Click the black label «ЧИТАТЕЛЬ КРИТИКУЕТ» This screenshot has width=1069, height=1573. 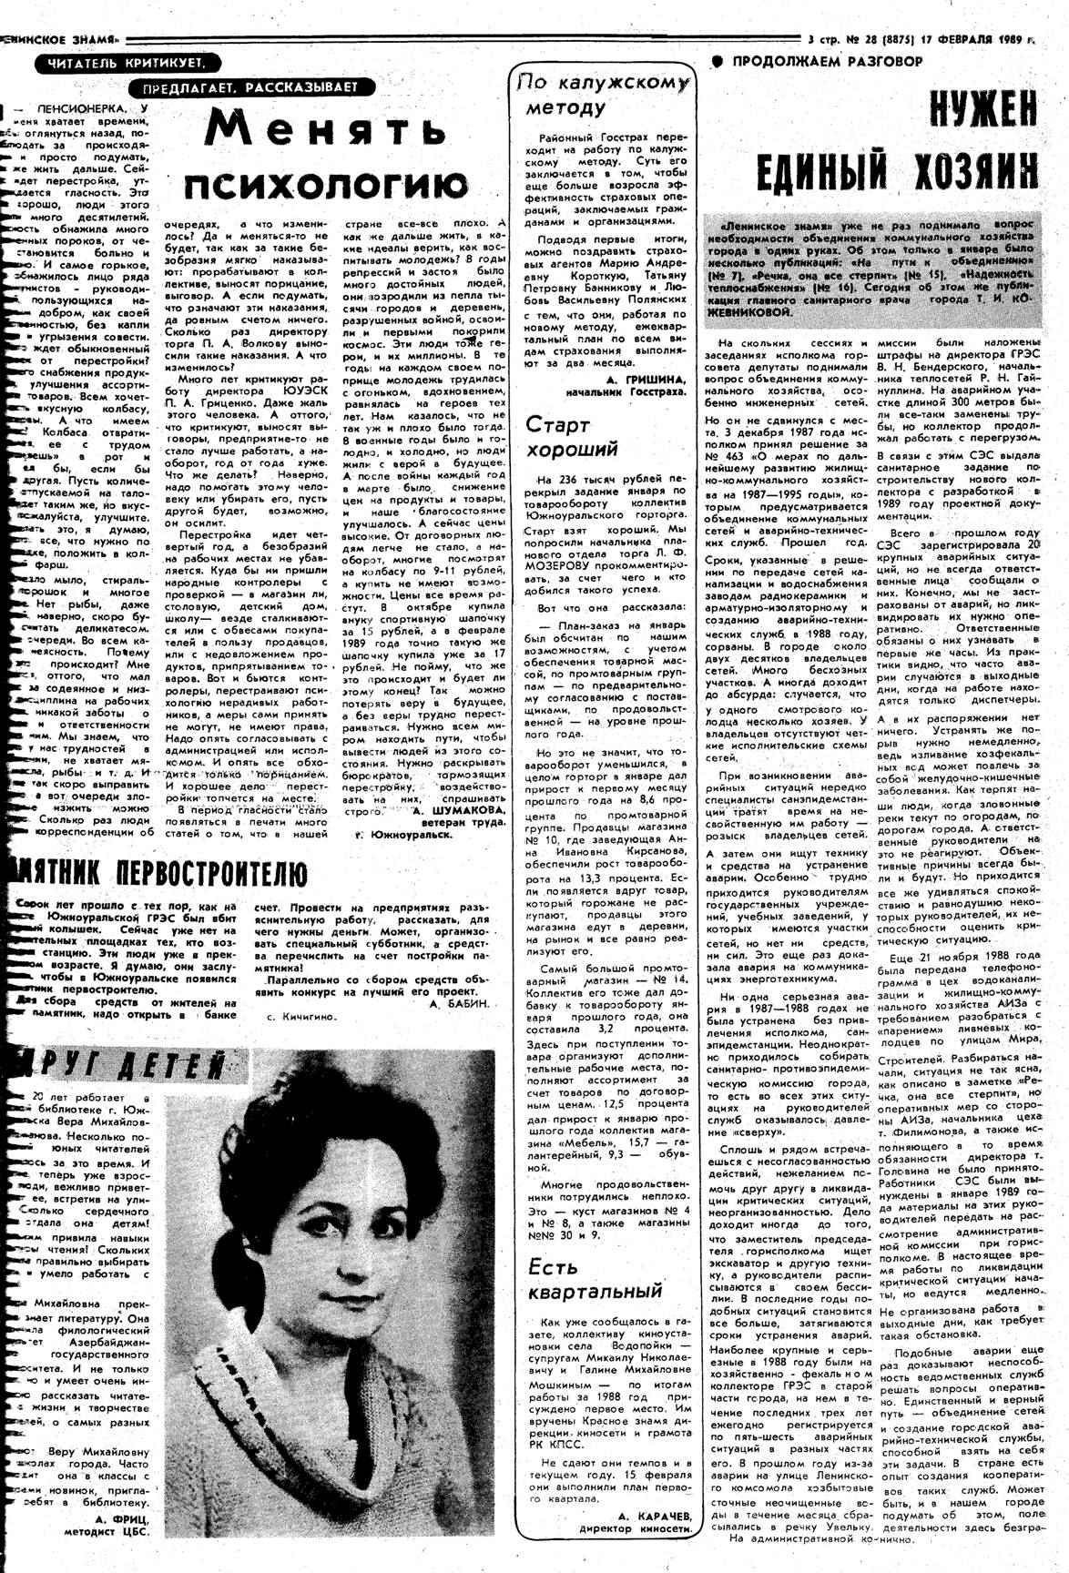(x=127, y=62)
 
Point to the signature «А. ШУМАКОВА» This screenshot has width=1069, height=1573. (x=456, y=809)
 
